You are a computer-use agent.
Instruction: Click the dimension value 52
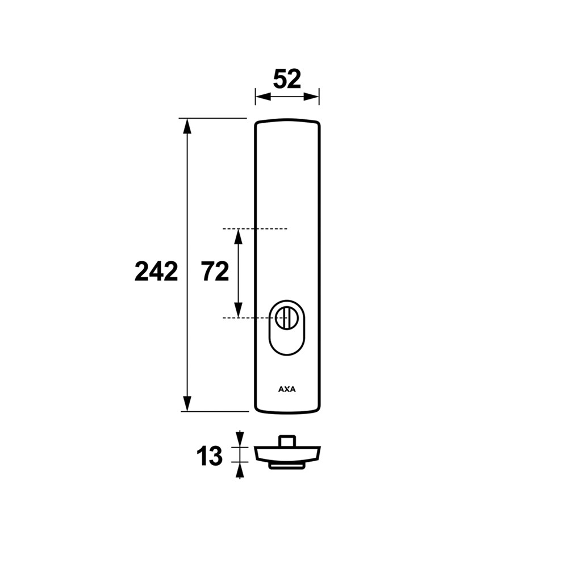[287, 80]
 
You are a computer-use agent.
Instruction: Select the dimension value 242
[156, 272]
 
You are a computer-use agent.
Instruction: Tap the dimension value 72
[215, 272]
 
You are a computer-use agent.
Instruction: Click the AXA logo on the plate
[287, 390]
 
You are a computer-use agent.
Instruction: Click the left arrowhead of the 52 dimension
[263, 97]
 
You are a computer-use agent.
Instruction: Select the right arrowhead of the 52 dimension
[311, 97]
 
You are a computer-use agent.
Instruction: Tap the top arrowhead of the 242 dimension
[187, 126]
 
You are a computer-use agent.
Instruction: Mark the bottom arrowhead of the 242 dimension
[187, 403]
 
